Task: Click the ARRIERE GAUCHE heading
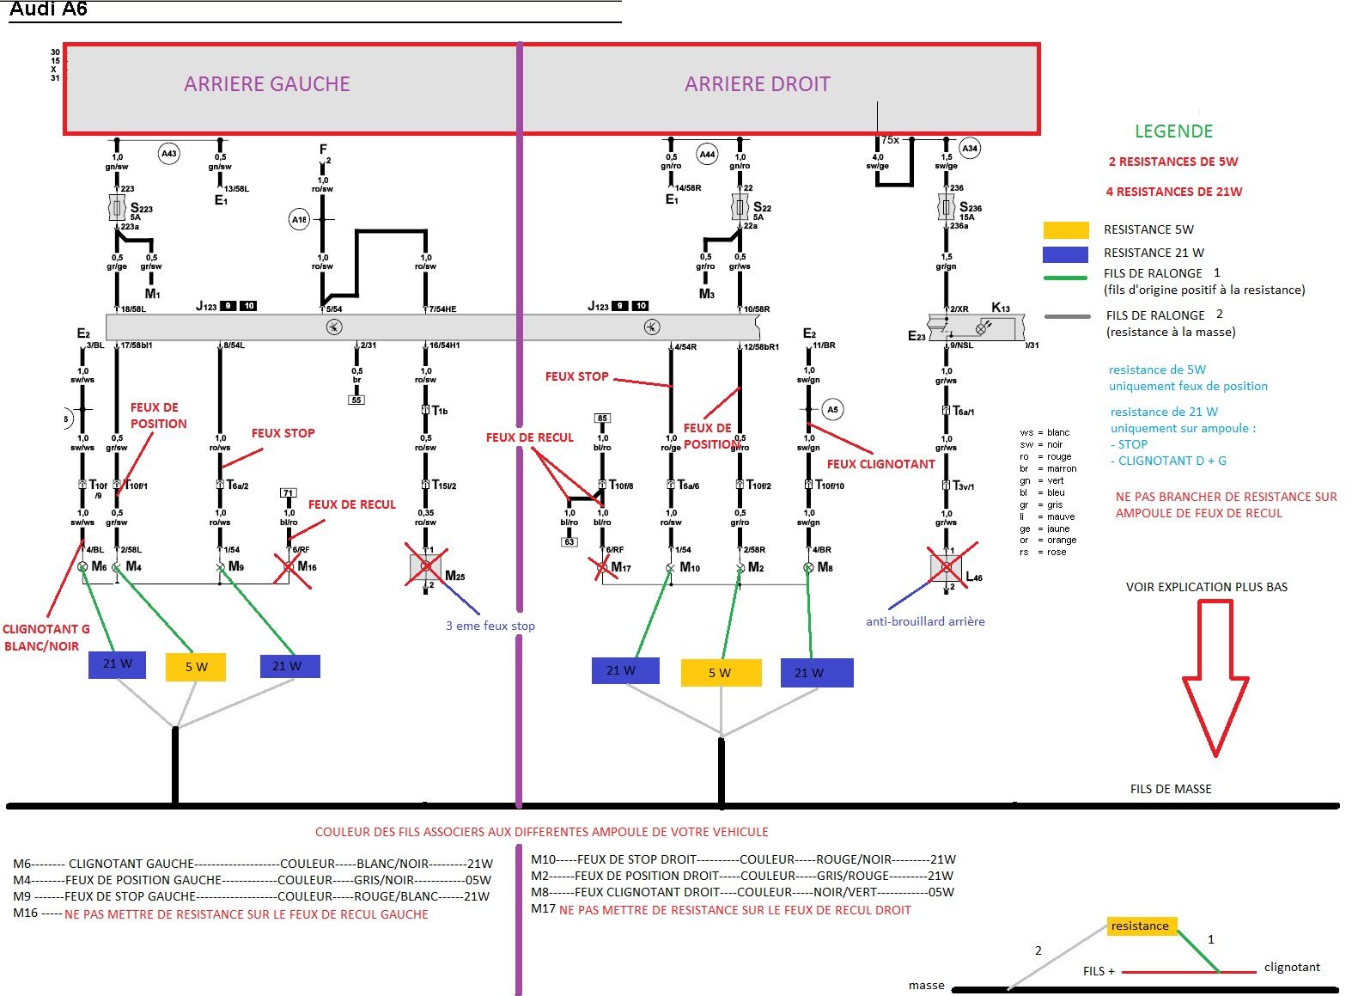pyautogui.click(x=267, y=84)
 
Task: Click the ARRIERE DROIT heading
pyautogui.click(x=757, y=84)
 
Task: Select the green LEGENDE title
pyautogui.click(x=1173, y=131)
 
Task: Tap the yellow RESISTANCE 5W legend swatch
pyautogui.click(x=1065, y=229)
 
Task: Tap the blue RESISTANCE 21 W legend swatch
pyautogui.click(x=1065, y=254)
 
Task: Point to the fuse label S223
pyautogui.click(x=141, y=208)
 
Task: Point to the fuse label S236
pyautogui.click(x=970, y=207)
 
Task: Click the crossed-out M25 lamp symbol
pyautogui.click(x=426, y=566)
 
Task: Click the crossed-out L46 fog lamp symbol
pyautogui.click(x=947, y=567)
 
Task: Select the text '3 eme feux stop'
pyautogui.click(x=490, y=626)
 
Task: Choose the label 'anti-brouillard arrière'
pyautogui.click(x=925, y=621)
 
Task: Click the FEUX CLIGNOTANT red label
pyautogui.click(x=880, y=464)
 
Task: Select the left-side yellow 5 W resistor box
pyautogui.click(x=196, y=667)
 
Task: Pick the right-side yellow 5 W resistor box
pyautogui.click(x=721, y=673)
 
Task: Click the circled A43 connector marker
pyautogui.click(x=168, y=154)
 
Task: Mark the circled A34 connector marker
pyautogui.click(x=969, y=149)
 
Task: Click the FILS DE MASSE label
pyautogui.click(x=1171, y=789)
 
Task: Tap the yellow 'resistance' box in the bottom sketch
pyautogui.click(x=1140, y=926)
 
